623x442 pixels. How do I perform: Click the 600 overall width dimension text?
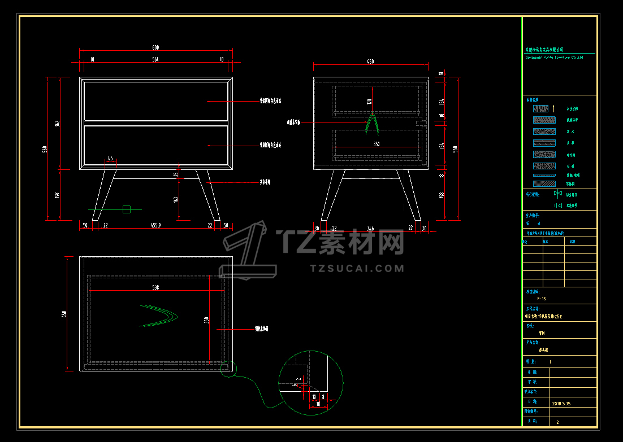coord(155,47)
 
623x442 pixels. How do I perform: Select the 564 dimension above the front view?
coord(155,59)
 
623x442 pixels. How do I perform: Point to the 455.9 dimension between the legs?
coord(156,225)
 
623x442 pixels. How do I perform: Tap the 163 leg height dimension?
coord(176,199)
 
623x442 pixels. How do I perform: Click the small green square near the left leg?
coord(127,209)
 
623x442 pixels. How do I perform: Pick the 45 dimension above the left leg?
coord(110,159)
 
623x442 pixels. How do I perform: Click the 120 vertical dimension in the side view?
coord(369,102)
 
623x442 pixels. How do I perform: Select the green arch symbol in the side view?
coord(371,124)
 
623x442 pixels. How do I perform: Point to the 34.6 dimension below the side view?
coord(370,229)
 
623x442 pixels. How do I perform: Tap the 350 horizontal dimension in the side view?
coord(376,145)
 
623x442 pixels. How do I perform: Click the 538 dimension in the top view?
coord(155,287)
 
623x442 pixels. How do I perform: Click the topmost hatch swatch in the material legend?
coord(541,108)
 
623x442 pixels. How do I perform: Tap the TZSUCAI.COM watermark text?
coord(357,268)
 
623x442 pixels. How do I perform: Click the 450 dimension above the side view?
coord(370,61)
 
